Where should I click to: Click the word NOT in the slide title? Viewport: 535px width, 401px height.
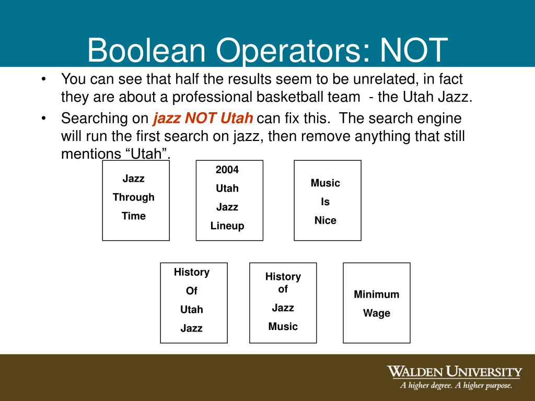(x=414, y=51)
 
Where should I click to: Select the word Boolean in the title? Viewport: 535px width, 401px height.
(x=147, y=51)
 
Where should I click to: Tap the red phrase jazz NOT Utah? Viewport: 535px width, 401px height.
(x=203, y=118)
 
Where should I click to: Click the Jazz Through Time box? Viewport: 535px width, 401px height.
(x=136, y=200)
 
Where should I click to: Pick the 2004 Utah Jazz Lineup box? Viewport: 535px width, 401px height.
(x=229, y=200)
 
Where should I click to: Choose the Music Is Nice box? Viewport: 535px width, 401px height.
(x=328, y=200)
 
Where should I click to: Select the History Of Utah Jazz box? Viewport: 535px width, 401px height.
(x=194, y=303)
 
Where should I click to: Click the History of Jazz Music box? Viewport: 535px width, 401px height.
(x=283, y=303)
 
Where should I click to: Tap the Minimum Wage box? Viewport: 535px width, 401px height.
(x=377, y=303)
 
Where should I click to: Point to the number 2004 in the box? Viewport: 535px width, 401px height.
(x=227, y=170)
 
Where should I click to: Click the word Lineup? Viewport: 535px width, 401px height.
(x=227, y=226)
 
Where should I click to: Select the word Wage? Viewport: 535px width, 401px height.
(x=377, y=313)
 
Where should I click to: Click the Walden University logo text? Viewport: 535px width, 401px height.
(x=454, y=372)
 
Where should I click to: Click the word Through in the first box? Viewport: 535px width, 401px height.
(x=134, y=197)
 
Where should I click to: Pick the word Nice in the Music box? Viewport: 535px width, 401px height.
(x=325, y=220)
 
